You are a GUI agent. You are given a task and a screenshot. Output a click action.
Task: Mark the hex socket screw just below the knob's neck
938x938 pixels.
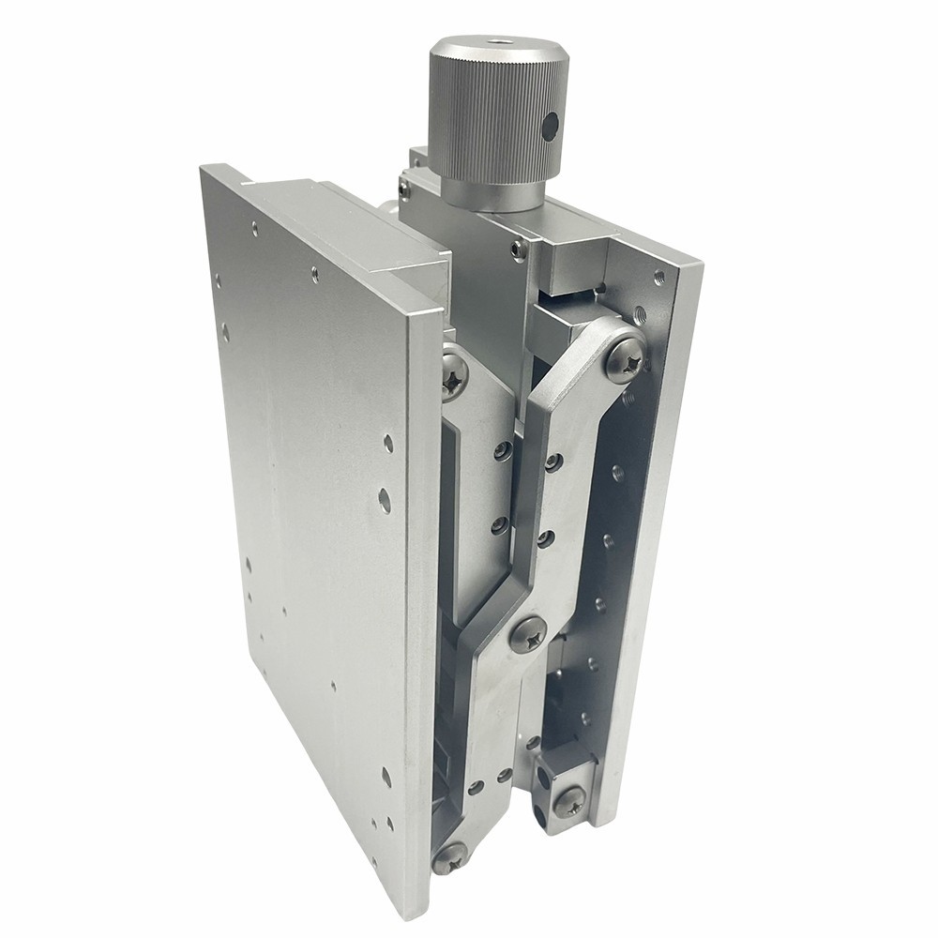tap(519, 249)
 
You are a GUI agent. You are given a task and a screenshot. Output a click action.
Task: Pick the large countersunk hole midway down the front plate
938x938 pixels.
tap(385, 500)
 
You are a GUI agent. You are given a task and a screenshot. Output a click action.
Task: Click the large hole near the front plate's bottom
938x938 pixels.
tap(386, 776)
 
